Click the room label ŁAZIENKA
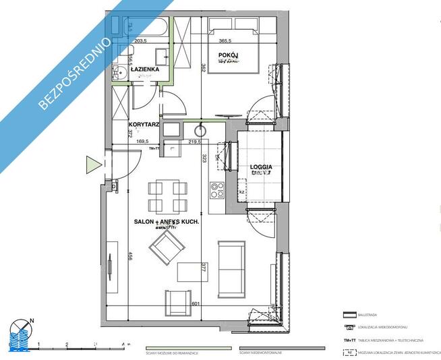(x=145, y=69)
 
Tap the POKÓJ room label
(x=229, y=55)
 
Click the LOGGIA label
(x=260, y=165)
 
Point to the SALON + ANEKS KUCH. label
(x=165, y=220)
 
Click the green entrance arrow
(x=92, y=163)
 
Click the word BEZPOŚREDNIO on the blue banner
(x=76, y=65)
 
